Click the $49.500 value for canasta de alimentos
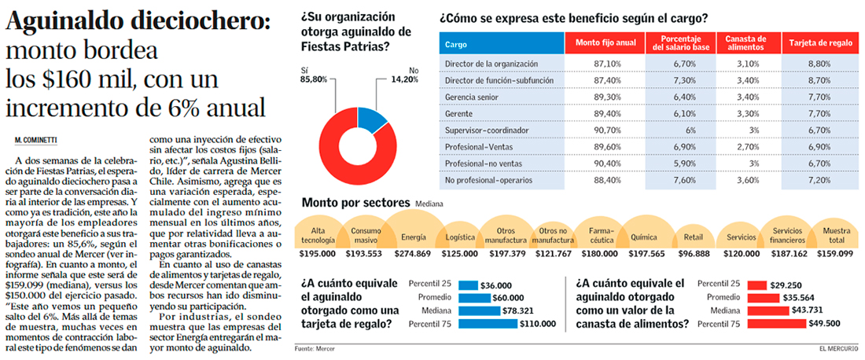825,323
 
